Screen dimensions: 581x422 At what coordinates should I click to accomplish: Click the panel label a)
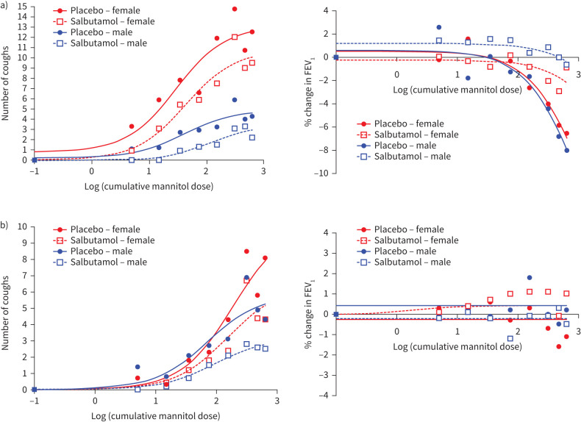pos(4,7)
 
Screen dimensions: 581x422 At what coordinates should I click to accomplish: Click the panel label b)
pos(4,226)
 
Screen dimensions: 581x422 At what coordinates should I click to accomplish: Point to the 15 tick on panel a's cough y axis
pos(22,7)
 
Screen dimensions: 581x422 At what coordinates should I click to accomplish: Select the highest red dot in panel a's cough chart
pos(235,9)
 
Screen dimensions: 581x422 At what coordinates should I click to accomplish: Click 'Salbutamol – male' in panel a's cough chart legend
pos(109,43)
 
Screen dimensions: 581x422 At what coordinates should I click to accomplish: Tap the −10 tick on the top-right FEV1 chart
pos(321,173)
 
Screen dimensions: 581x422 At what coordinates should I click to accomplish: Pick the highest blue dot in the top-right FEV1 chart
pos(439,27)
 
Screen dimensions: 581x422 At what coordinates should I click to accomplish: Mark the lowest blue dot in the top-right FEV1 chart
pos(566,151)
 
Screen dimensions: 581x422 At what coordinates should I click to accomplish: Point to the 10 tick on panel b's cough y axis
pos(22,226)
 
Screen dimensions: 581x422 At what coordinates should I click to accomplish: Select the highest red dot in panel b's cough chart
pos(246,251)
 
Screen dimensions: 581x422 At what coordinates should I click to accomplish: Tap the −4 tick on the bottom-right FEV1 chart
pos(324,396)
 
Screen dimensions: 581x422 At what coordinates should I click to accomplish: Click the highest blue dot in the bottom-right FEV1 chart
pos(529,277)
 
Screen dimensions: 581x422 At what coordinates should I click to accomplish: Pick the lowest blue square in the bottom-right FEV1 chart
pos(510,338)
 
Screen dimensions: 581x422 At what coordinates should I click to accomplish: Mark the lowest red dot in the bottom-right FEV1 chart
pos(559,346)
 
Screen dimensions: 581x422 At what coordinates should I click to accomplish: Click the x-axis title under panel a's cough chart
pos(149,186)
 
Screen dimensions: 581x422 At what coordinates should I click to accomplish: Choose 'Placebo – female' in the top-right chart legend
pos(409,124)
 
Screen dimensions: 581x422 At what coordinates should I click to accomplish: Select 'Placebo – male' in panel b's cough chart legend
pos(101,251)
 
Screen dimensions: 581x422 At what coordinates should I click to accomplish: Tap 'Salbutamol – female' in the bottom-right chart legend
pos(416,240)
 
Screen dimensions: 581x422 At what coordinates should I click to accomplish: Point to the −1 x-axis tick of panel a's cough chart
pos(35,171)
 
